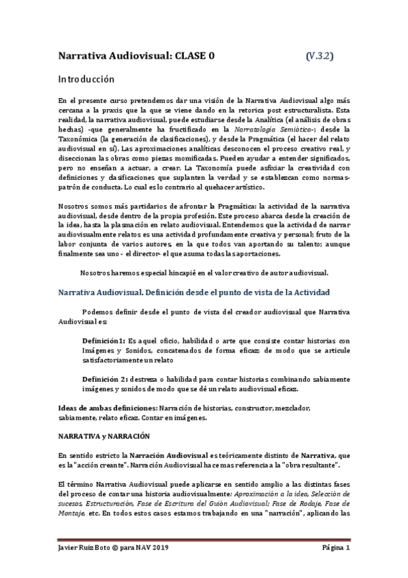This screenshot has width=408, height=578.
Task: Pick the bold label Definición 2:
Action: pos(106,379)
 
